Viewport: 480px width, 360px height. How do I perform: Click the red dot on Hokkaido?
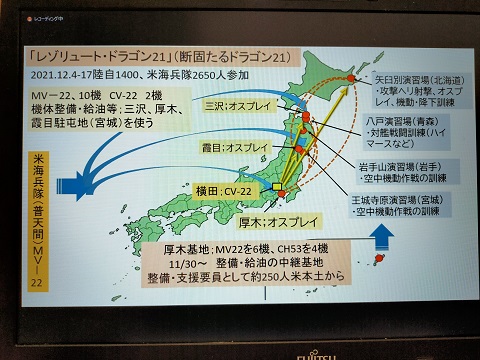coord(352,75)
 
